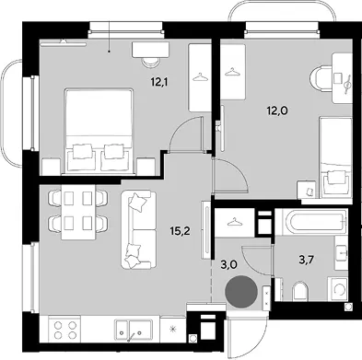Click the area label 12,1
[x=160, y=82]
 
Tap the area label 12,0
[x=276, y=110]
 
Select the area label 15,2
[x=181, y=231]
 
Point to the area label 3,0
[x=228, y=263]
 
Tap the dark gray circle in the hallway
[x=241, y=291]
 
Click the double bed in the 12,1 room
[x=100, y=132]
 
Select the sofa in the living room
[x=139, y=229]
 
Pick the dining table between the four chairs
[x=78, y=212]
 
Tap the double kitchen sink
[x=134, y=329]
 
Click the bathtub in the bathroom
[x=311, y=222]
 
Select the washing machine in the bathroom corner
[x=338, y=288]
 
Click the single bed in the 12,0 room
[x=335, y=157]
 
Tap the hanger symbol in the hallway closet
[x=234, y=221]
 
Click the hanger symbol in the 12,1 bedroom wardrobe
[x=200, y=76]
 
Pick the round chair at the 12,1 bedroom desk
[x=151, y=63]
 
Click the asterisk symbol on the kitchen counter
[x=173, y=330]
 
